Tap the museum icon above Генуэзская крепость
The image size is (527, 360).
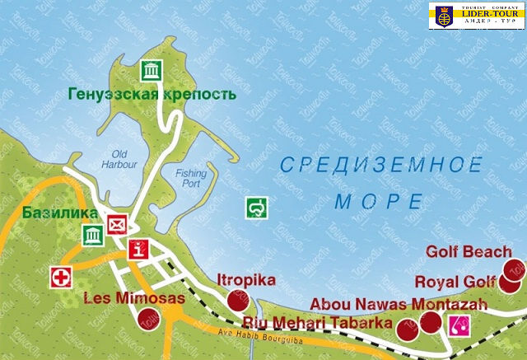click(x=151, y=72)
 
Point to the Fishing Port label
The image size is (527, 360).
click(x=191, y=179)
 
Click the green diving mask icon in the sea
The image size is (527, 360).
click(x=257, y=208)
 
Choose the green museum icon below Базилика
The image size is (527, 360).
click(x=91, y=236)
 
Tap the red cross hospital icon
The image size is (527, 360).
click(x=61, y=277)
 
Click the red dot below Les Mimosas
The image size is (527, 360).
click(x=149, y=319)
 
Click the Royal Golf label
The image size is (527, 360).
click(x=467, y=282)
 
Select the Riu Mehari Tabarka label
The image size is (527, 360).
click(x=319, y=324)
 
